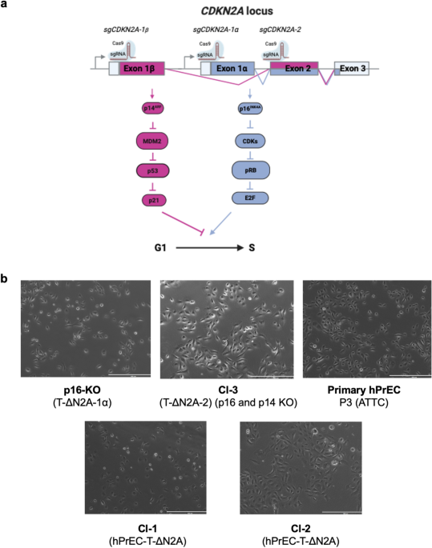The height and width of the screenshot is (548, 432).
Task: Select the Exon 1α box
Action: coord(232,69)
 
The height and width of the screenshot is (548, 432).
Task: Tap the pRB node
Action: coord(251,170)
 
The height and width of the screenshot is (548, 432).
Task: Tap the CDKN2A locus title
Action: coord(216,10)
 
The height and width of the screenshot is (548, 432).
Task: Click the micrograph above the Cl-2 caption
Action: coord(292,466)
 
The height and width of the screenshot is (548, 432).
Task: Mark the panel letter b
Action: coord(6,279)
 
